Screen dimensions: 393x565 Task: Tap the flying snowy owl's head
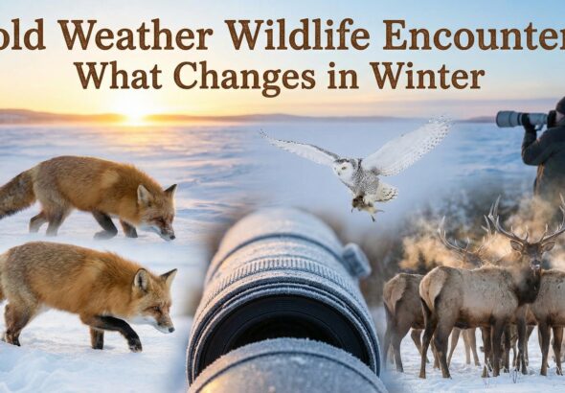pos(344,172)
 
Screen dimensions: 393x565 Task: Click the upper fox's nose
pos(171,234)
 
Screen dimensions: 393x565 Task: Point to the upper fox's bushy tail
pos(16,193)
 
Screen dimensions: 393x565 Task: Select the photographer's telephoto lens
pos(519,119)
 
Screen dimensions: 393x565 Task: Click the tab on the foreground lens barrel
pos(356,260)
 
